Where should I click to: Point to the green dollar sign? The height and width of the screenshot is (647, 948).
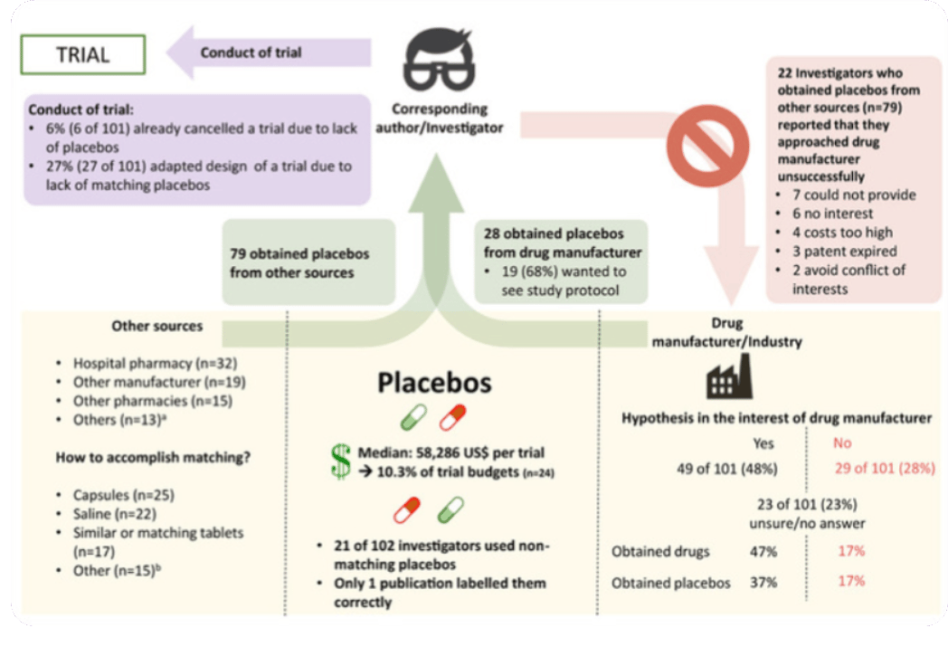(x=340, y=462)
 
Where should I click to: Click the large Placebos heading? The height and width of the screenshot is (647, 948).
(x=434, y=382)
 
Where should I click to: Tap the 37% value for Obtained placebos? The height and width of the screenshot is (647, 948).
(x=763, y=582)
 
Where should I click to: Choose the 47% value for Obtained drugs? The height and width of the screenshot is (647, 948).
(x=763, y=550)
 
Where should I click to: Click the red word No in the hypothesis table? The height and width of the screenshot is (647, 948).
(x=842, y=443)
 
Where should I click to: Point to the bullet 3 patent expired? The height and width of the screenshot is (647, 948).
(x=836, y=251)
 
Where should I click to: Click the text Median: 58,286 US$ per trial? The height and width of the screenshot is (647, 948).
(x=450, y=452)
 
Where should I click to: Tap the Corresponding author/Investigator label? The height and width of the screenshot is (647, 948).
(x=447, y=119)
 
